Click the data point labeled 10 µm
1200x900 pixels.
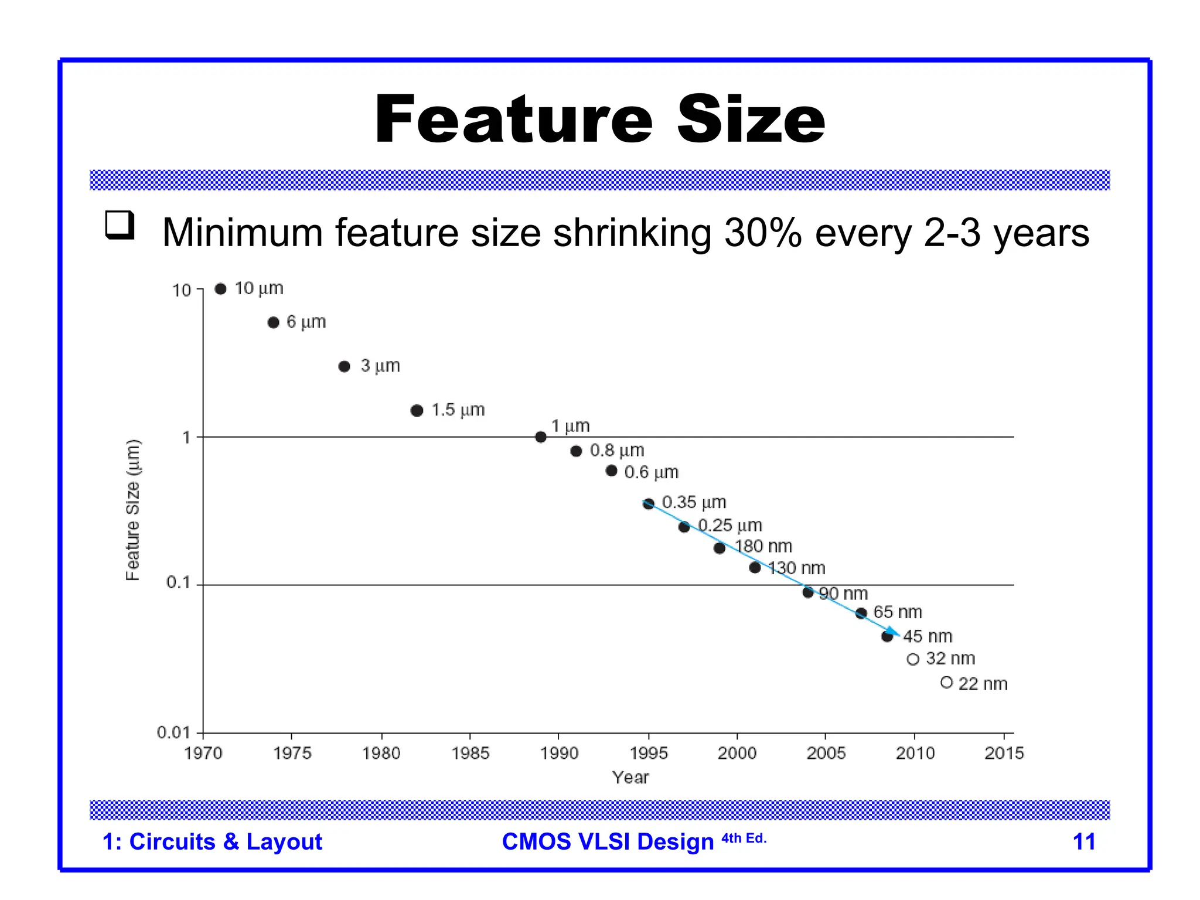[x=220, y=289]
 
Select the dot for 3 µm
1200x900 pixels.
[x=345, y=367]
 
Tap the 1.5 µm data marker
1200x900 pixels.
[x=417, y=411]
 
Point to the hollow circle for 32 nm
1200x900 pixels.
[x=912, y=660]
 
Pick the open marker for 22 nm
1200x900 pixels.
[x=946, y=683]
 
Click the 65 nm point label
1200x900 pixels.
[x=897, y=612]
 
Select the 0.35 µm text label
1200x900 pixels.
[x=694, y=502]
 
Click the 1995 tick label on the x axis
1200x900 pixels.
[x=649, y=754]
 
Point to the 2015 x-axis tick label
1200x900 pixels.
[x=1004, y=754]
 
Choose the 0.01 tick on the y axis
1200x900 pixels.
[x=173, y=732]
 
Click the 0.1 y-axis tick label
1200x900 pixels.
[x=178, y=582]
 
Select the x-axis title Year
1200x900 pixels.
[x=630, y=778]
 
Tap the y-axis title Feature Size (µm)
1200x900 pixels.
[x=133, y=510]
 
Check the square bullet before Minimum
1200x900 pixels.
[x=120, y=225]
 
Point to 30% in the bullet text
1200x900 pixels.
[x=763, y=233]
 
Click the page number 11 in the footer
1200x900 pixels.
[x=1083, y=842]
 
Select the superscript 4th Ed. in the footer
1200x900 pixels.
[x=744, y=838]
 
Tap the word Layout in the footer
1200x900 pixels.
[x=284, y=842]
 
